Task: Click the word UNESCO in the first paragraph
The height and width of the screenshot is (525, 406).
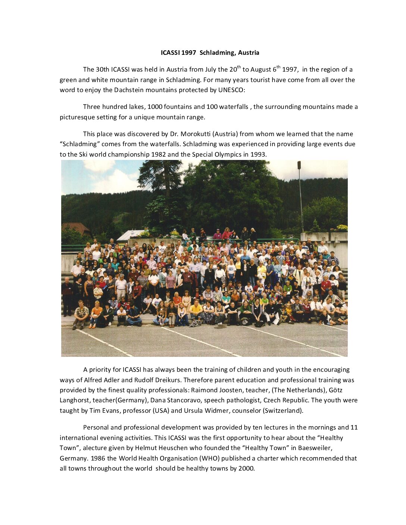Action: click(x=231, y=90)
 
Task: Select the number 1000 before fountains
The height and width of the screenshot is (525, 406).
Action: click(x=155, y=107)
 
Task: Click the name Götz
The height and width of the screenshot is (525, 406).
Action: click(x=335, y=390)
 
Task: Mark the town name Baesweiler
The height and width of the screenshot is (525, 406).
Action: click(x=315, y=448)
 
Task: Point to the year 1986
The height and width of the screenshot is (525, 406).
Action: click(x=98, y=458)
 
